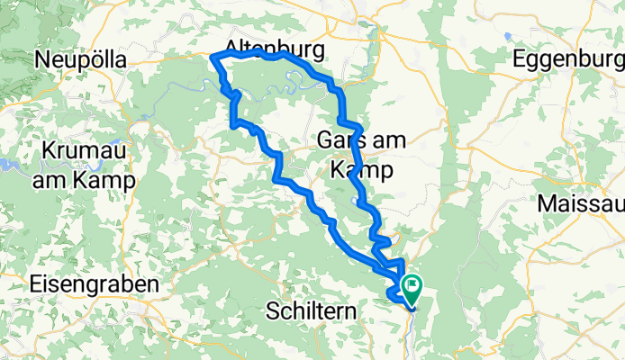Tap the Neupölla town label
80,59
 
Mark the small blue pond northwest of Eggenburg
508,37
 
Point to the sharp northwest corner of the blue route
213,58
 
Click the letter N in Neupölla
41,59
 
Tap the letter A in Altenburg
230,46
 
